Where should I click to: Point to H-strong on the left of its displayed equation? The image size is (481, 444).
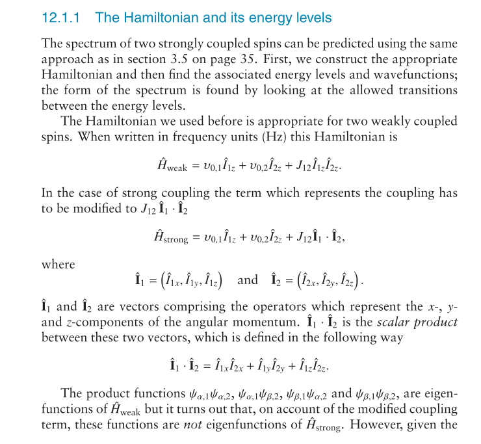click(x=165, y=239)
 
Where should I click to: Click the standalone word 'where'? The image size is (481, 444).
click(x=58, y=265)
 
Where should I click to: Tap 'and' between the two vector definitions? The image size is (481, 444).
click(x=248, y=281)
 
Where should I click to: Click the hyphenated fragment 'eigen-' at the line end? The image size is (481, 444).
click(x=443, y=394)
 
